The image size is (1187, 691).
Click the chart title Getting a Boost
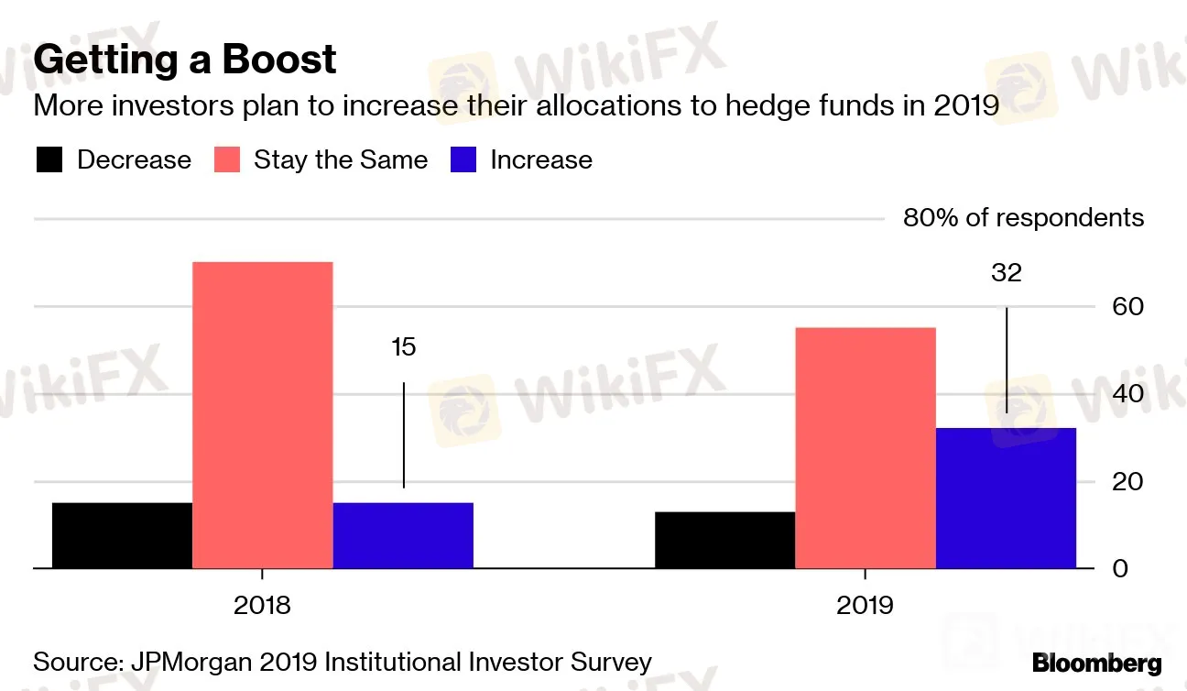pos(185,60)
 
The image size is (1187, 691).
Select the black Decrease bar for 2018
pos(122,535)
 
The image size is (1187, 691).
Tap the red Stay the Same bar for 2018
pos(263,415)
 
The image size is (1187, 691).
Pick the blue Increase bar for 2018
pos(403,535)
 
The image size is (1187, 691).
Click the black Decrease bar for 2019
pos(724,540)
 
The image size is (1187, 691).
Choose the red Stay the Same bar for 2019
pos(866,448)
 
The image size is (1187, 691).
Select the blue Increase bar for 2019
pos(1006,499)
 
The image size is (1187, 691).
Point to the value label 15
pos(403,347)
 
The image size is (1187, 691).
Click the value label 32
pos(1006,273)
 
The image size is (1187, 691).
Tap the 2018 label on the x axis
pos(263,606)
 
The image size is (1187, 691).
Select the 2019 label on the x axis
pos(866,606)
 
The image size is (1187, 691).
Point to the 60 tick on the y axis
pos(1127,306)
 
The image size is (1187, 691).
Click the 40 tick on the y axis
pos(1127,394)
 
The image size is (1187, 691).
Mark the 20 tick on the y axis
pos(1127,481)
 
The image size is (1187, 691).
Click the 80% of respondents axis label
pos(1023,218)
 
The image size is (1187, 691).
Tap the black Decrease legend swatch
pos(49,160)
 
